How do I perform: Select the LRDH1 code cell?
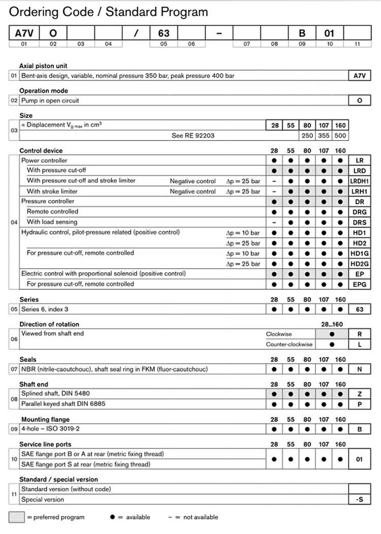360,181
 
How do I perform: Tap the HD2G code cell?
360,263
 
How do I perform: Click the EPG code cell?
360,284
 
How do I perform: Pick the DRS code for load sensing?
360,222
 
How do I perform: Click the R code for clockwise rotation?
360,335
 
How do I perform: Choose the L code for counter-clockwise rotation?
360,345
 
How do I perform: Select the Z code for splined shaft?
360,394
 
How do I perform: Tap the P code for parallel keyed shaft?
360,405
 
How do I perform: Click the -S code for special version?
360,499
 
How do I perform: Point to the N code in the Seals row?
360,370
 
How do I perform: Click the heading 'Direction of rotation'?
49,324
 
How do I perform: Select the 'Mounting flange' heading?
45,420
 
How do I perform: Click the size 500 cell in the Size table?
340,136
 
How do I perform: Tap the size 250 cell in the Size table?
307,136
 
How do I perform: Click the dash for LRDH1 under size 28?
274,181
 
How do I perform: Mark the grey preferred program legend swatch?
16,517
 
